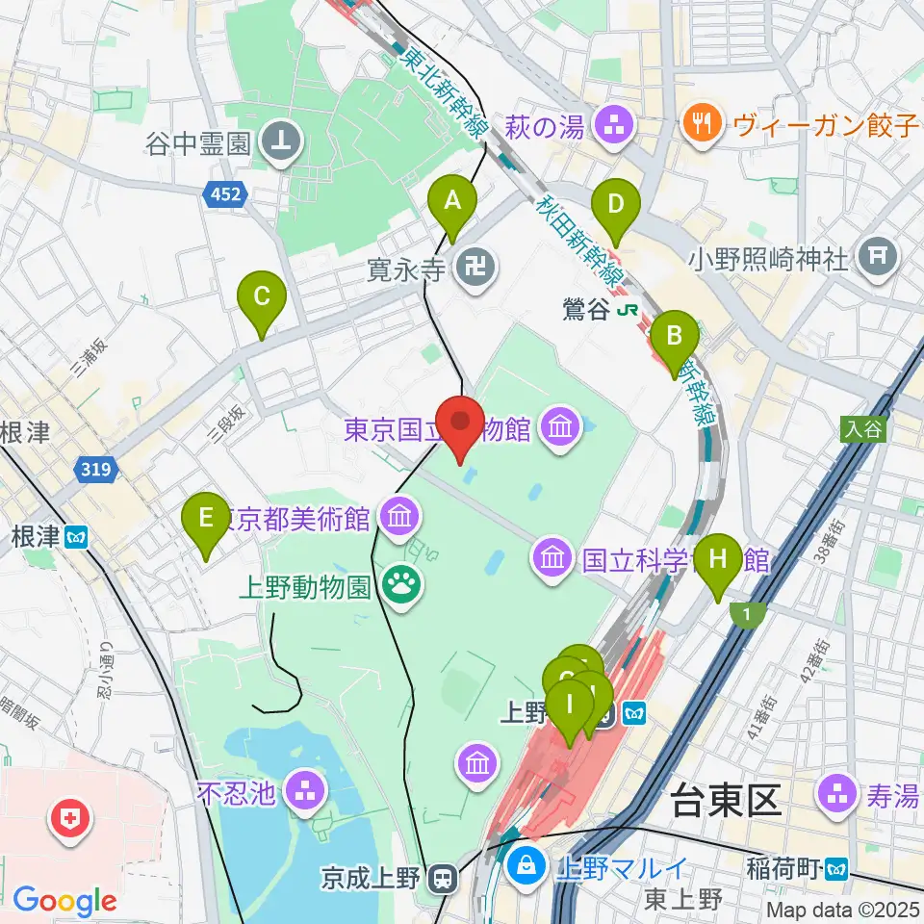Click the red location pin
[461, 423]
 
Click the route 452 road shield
[228, 195]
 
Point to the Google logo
[64, 902]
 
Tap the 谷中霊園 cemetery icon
[286, 142]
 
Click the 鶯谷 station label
[587, 310]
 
